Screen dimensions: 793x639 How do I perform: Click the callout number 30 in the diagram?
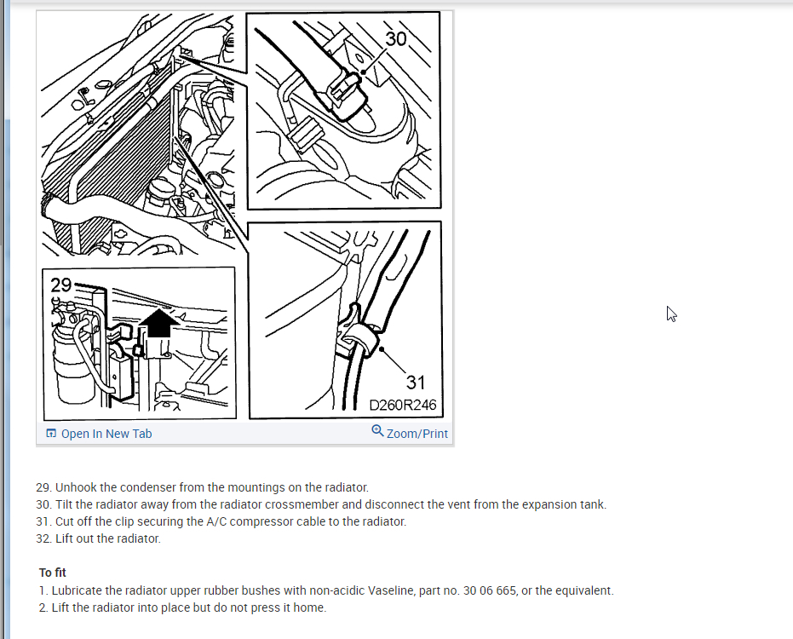click(x=396, y=39)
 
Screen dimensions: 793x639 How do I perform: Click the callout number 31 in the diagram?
click(x=416, y=383)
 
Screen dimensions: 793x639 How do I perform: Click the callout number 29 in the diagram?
click(x=61, y=285)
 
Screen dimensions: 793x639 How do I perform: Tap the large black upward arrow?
click(x=158, y=323)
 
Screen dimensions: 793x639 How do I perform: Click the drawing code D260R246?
click(x=403, y=406)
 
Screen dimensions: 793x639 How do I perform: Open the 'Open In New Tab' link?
click(x=106, y=434)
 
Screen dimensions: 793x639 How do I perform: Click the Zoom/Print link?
click(x=417, y=434)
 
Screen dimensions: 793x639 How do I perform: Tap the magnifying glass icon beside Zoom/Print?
click(x=377, y=430)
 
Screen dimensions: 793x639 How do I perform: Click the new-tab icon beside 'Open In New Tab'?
click(x=51, y=433)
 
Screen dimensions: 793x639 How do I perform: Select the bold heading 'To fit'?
click(x=53, y=573)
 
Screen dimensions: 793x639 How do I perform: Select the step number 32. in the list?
click(x=44, y=538)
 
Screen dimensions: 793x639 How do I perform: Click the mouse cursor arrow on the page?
click(x=671, y=314)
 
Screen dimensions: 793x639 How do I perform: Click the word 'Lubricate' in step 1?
click(x=75, y=590)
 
